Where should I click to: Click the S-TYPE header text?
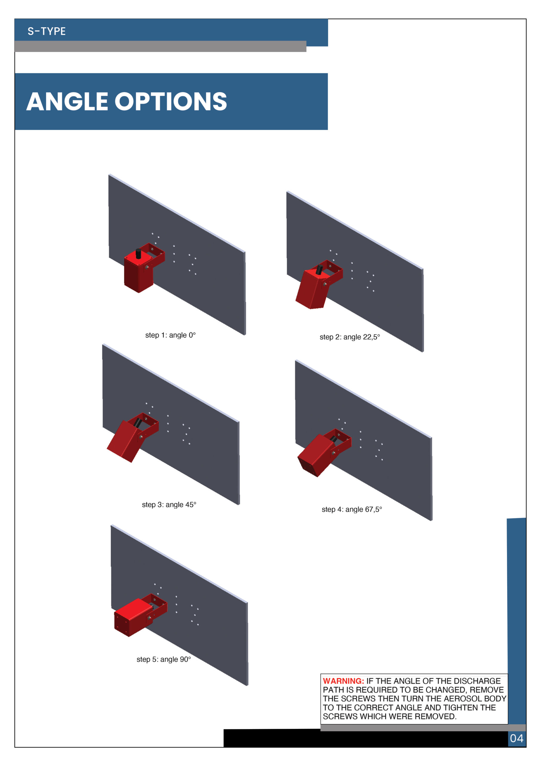tap(47, 31)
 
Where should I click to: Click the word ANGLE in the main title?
tap(67, 101)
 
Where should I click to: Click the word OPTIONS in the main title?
tap(171, 101)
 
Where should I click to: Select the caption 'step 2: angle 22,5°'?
tap(350, 337)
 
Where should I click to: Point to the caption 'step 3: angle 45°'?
tap(169, 504)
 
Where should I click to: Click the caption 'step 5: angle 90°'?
tap(164, 659)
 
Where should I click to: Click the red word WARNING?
tap(343, 681)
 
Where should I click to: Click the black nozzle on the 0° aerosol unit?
tap(138, 253)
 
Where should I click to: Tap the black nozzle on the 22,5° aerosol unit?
tap(319, 270)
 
